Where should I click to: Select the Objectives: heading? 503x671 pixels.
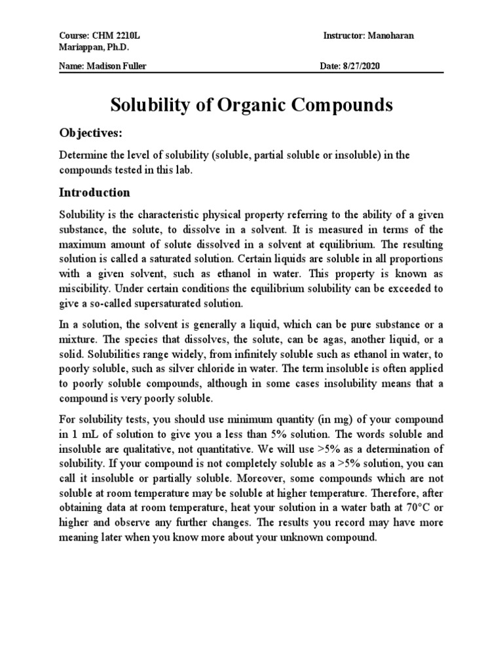tap(91, 133)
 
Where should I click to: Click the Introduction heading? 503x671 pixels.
tap(94, 193)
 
